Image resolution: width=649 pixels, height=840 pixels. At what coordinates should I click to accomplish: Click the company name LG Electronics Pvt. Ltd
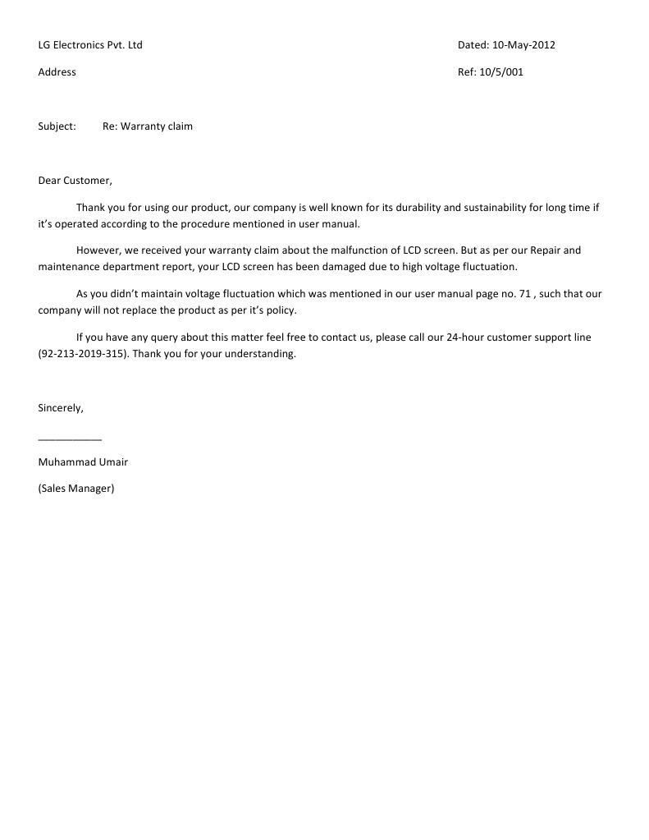point(90,45)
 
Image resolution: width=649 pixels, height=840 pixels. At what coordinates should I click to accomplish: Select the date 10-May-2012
point(523,45)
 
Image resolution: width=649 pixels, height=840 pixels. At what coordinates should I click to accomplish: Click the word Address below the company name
point(57,72)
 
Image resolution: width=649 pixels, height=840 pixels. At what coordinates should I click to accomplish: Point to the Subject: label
point(57,126)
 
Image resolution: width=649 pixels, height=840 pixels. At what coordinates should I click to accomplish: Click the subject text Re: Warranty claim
point(148,126)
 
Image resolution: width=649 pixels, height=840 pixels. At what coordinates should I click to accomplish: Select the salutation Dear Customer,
point(75,181)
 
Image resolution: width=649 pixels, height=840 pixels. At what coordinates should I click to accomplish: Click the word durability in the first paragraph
point(408,208)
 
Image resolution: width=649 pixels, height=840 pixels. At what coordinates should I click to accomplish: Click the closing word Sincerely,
point(61,408)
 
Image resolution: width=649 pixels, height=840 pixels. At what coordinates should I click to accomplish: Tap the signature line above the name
point(70,439)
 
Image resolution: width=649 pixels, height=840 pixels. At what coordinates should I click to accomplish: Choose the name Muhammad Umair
point(83,462)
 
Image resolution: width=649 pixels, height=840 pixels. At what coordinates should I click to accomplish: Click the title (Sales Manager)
point(76,489)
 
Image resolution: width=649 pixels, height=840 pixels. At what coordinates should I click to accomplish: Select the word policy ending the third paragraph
point(280,310)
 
